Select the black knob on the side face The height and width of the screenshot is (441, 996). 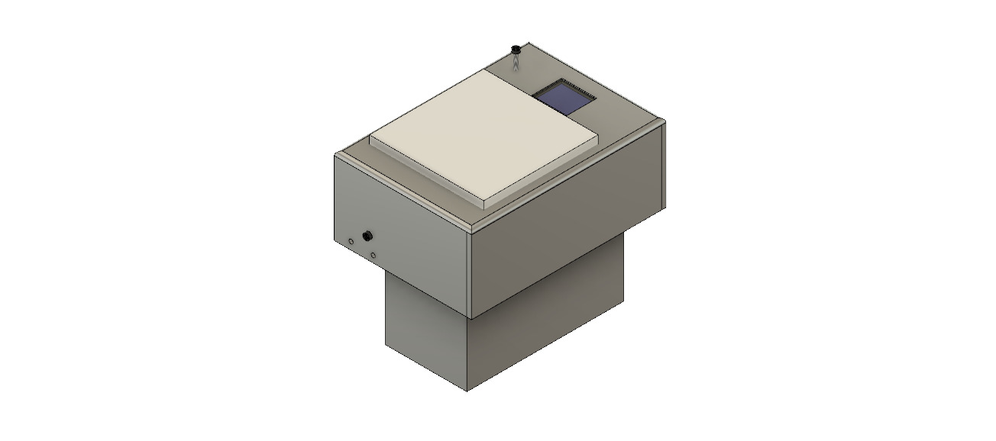pos(367,235)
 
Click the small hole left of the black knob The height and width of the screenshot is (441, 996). pos(351,242)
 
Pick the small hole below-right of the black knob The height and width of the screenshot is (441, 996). pos(373,254)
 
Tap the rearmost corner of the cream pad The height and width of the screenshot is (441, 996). pos(488,71)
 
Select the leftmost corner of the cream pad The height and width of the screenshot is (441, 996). pos(370,138)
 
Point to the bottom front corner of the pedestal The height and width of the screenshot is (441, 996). pos(467,391)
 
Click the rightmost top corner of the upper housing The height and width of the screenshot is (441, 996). pos(665,121)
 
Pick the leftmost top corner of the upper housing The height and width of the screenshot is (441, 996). pos(335,154)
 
